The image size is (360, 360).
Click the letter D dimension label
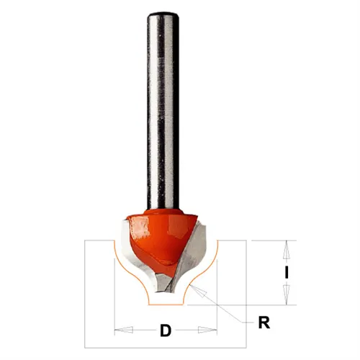coord(166,330)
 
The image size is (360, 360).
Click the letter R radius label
coord(264,323)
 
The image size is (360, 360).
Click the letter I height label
coord(286,273)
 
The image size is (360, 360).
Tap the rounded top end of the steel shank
coord(163,15)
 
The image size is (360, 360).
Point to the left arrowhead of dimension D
coord(124,330)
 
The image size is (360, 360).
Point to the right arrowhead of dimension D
coord(207,330)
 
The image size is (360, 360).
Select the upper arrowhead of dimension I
coord(286,250)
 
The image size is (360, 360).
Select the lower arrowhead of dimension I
coord(286,295)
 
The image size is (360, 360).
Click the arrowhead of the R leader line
coord(197,291)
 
